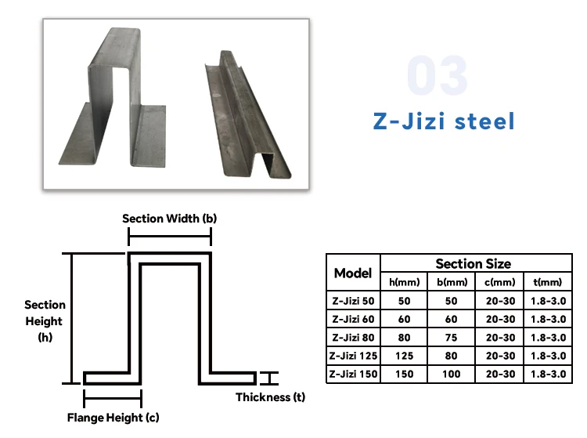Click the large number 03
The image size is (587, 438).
click(x=438, y=76)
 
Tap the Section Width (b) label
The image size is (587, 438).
click(x=169, y=219)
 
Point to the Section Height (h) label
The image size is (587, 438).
click(x=45, y=320)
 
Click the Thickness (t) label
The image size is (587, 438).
click(x=271, y=397)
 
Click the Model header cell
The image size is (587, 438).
click(x=353, y=273)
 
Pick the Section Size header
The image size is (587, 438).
click(x=473, y=263)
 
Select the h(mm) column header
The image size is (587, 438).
click(x=405, y=282)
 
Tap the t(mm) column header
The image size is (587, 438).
click(x=548, y=282)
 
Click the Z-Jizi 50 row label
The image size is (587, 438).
click(x=353, y=301)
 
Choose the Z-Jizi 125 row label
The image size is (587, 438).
click(x=353, y=356)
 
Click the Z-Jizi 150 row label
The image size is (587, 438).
click(x=353, y=374)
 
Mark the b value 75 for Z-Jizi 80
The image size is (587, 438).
click(x=452, y=338)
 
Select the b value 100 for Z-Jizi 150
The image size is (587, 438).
click(x=452, y=374)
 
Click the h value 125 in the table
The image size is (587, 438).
click(x=405, y=356)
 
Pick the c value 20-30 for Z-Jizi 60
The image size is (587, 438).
click(x=500, y=319)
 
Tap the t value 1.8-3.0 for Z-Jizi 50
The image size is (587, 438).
click(x=548, y=301)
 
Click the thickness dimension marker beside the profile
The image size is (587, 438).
click(x=268, y=378)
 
